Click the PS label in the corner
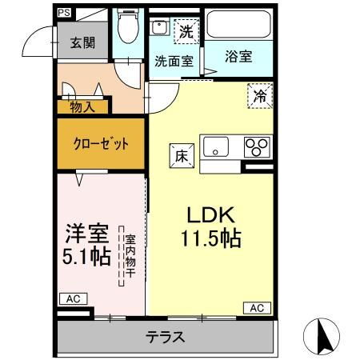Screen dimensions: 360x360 64,13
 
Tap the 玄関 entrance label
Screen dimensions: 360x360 82,42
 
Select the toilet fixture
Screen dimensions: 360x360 128,26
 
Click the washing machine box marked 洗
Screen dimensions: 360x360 186,31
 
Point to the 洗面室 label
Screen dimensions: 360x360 174,62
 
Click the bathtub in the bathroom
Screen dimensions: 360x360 238,24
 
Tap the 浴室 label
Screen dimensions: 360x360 238,57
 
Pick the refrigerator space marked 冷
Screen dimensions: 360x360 260,96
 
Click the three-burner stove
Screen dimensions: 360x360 257,147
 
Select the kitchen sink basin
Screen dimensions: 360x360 216,147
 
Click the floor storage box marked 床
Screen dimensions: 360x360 182,156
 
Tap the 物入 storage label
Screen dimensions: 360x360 82,107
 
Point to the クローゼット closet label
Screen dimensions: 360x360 101,144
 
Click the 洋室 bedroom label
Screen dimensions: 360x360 87,233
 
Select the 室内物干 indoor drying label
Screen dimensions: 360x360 130,256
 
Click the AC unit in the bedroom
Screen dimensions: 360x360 74,299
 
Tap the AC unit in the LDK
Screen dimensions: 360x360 257,308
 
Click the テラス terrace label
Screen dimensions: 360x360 166,337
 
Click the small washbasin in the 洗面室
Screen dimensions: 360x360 159,27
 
